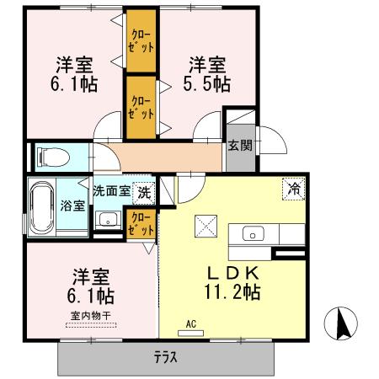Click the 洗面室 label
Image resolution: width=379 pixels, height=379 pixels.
[x=111, y=191]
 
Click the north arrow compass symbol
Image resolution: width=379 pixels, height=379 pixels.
[x=343, y=322]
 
